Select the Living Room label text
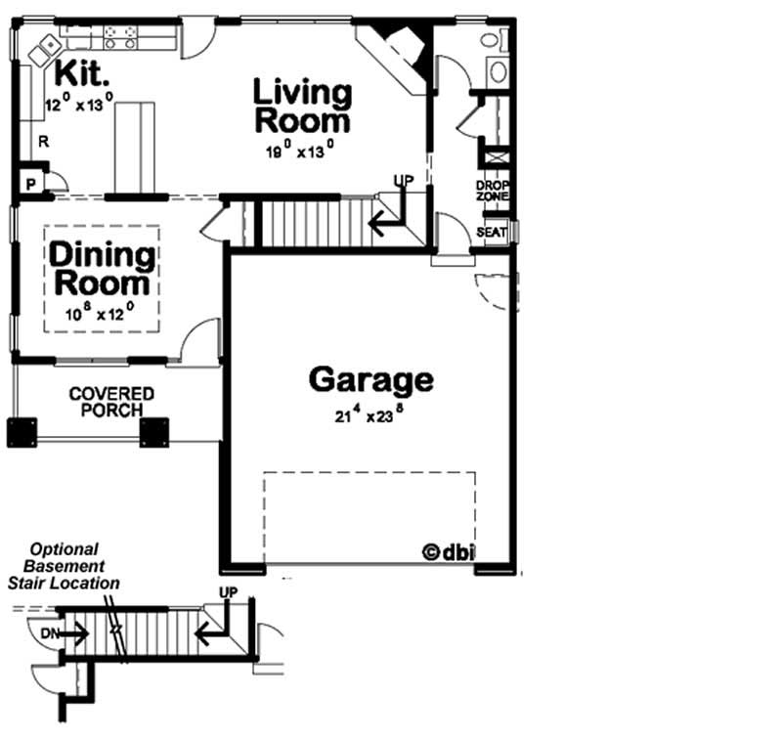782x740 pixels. click(302, 107)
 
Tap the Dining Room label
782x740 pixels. click(103, 269)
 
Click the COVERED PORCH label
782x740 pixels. click(111, 402)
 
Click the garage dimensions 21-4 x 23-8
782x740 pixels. click(369, 414)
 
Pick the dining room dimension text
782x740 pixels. click(101, 314)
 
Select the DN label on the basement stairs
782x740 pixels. click(49, 633)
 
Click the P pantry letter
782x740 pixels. click(30, 184)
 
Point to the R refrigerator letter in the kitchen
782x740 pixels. click(42, 142)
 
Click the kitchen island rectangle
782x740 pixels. click(136, 147)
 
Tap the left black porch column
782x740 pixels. click(22, 432)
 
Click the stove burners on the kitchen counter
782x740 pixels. click(122, 37)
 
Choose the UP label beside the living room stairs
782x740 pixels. click(402, 181)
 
